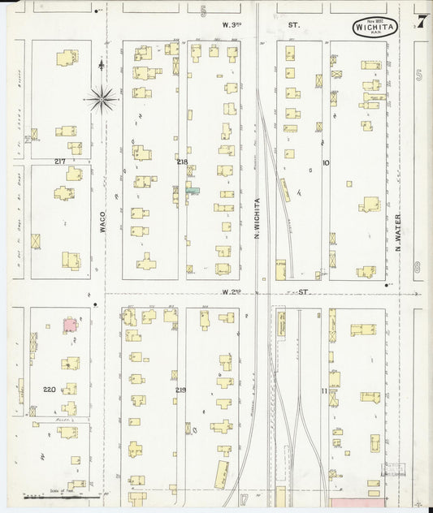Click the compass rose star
click(102, 99)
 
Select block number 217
click(60, 162)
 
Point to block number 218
click(182, 162)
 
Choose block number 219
click(180, 390)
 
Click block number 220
click(49, 390)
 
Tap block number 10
click(326, 162)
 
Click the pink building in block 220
click(71, 325)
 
